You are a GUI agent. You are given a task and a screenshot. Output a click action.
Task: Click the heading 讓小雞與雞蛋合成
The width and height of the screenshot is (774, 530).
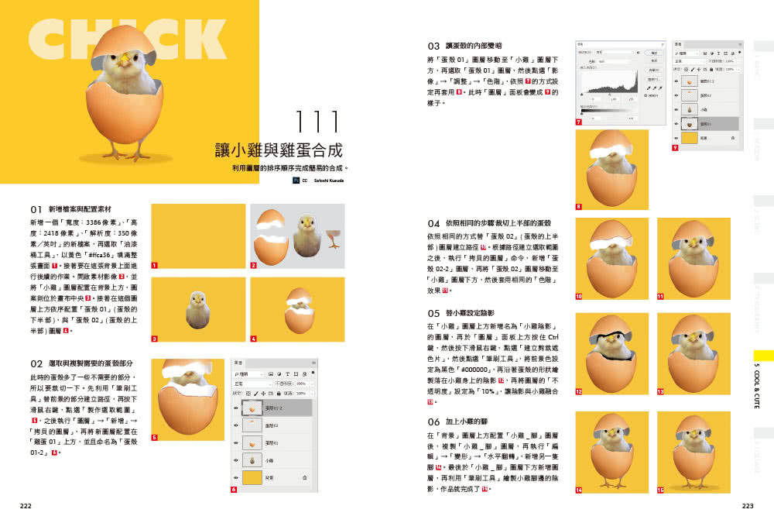coord(279,150)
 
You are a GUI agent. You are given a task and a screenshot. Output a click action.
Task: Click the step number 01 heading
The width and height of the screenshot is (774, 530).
coord(36,209)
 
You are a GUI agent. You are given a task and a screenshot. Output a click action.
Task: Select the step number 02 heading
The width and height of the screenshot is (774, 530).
coord(36,363)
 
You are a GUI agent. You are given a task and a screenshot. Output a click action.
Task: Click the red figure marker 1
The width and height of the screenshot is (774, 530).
coord(155,265)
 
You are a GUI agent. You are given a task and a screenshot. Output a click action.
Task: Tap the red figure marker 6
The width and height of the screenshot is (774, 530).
coord(234,490)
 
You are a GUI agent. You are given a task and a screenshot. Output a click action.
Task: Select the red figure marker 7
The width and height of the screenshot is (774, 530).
coord(579,122)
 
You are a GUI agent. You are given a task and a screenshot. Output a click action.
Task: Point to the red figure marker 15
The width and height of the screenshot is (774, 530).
coord(660,490)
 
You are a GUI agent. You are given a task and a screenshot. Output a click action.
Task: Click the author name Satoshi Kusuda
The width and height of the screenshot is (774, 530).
coord(328,181)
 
